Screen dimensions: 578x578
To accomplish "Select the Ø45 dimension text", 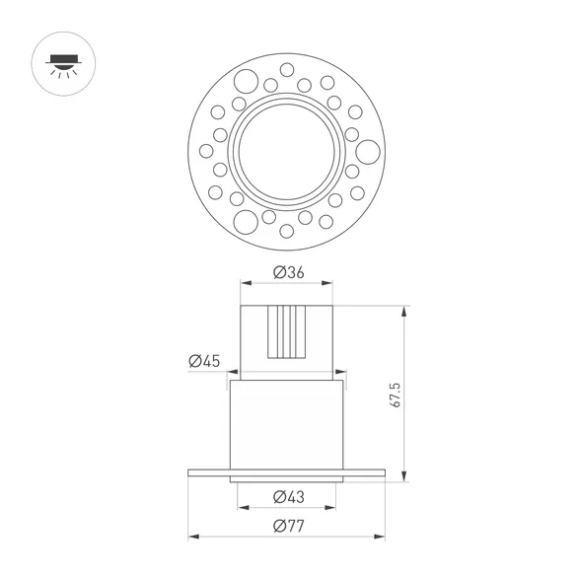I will (x=204, y=361).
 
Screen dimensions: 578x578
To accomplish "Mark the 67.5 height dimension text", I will (x=395, y=395).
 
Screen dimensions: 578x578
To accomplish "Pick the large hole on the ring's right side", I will (x=367, y=151).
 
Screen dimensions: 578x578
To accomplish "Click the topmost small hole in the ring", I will (x=286, y=70).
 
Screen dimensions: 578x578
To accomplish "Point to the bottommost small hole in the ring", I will (x=286, y=232).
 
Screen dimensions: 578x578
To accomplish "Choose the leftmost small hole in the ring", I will (x=205, y=151).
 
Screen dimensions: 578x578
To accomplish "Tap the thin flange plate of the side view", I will (x=286, y=472).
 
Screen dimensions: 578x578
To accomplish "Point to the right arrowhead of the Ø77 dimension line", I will (x=381, y=537).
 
